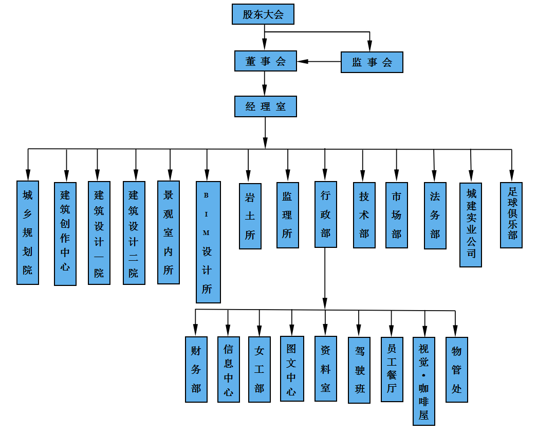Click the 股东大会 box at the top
click(263, 14)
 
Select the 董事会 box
click(265, 61)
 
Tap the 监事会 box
click(372, 62)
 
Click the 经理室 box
click(265, 106)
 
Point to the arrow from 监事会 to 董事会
click(319, 62)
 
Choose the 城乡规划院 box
click(28, 232)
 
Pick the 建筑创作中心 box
click(65, 233)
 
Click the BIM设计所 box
click(208, 242)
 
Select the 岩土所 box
click(250, 216)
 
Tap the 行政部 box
click(325, 214)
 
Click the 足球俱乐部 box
click(511, 215)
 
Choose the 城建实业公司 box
click(471, 225)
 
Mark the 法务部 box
click(435, 215)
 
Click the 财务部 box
click(196, 369)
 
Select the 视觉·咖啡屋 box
click(424, 381)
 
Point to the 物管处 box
click(456, 369)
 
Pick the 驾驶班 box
click(359, 370)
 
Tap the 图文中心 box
click(291, 369)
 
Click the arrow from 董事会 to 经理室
click(265, 83)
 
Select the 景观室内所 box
click(169, 232)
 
